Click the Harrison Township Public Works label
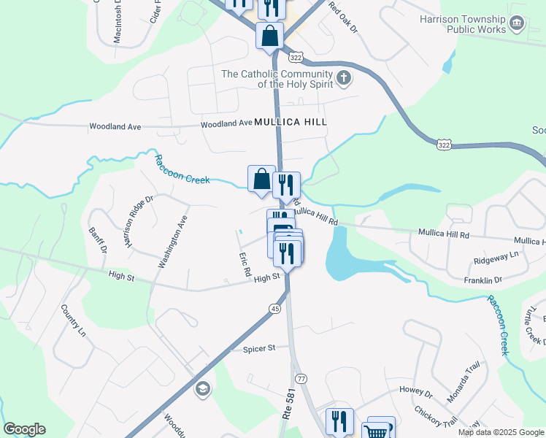pos(464,24)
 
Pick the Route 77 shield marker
pos(301,378)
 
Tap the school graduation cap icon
pos(201,388)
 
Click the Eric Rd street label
pos(245,264)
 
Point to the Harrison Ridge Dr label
pos(139,220)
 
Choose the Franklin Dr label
pos(482,280)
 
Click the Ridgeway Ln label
pos(496,256)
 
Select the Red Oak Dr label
pos(343,19)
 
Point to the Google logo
pos(24,429)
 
